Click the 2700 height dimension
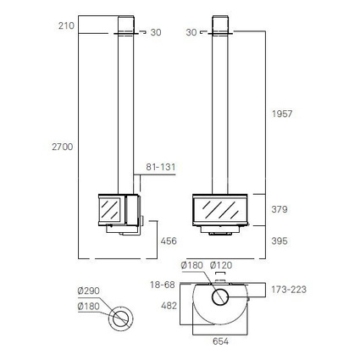pos(63,147)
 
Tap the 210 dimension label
pos(66,26)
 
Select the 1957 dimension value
pos(282,114)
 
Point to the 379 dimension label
pos(280,209)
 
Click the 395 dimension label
pos(280,241)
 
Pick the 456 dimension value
pos(169,241)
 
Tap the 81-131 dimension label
pos(161,167)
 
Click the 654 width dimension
pos(220,341)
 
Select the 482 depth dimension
pos(169,306)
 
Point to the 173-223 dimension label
pos(289,290)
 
